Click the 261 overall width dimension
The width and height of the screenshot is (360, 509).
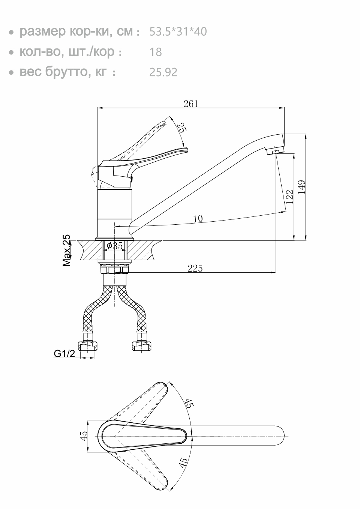tap(190, 104)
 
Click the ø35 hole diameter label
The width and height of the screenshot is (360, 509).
tap(115, 246)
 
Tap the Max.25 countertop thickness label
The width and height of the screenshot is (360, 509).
tap(67, 250)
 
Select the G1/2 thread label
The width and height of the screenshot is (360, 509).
tap(64, 353)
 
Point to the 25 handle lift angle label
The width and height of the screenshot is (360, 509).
tap(181, 128)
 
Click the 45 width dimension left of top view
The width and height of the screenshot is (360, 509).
tap(84, 435)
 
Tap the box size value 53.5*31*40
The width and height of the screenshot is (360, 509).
tap(178, 32)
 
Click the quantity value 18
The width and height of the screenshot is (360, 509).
tap(156, 52)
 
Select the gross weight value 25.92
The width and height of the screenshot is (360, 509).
tap(163, 72)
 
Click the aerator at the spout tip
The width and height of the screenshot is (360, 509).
tap(274, 151)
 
